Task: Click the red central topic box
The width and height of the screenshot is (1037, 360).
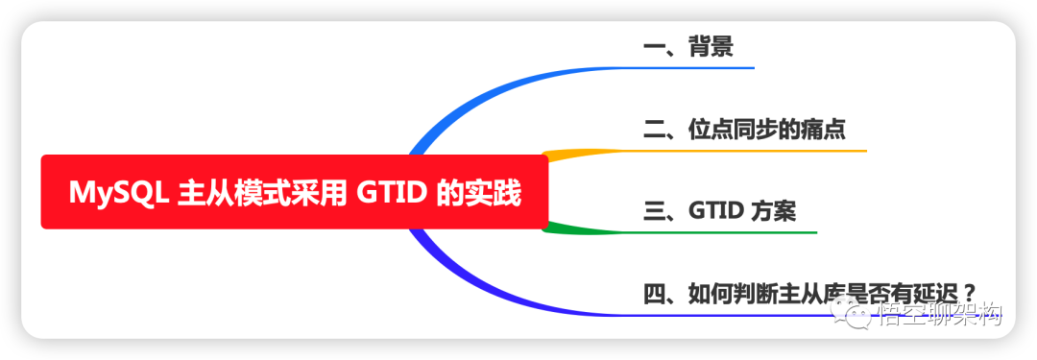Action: [x=294, y=192]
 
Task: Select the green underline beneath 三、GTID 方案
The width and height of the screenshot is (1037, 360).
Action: [x=730, y=232]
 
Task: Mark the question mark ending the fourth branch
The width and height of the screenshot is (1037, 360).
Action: [x=970, y=292]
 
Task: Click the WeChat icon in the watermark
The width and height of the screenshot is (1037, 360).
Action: [x=853, y=313]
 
